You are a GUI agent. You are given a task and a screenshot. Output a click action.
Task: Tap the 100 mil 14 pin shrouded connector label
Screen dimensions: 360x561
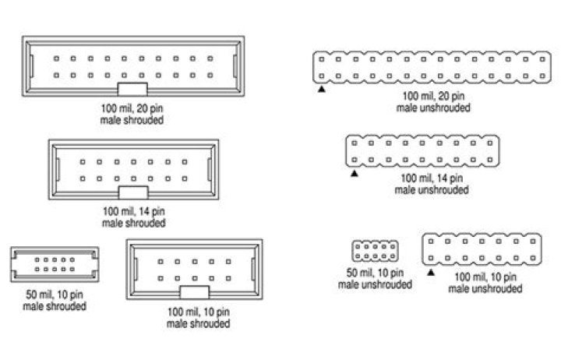(x=133, y=217)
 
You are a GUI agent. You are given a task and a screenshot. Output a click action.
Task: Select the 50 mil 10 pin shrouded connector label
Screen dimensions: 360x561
(x=54, y=302)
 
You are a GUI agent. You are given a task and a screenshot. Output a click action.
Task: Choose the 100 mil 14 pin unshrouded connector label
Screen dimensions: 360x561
(x=432, y=183)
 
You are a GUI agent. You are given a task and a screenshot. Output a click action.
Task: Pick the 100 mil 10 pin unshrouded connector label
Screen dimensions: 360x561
(x=485, y=283)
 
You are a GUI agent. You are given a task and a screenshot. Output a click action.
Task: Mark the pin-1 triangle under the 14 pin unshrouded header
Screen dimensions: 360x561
(x=354, y=174)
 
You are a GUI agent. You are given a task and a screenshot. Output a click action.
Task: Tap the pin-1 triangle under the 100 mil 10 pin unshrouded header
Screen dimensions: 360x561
(x=430, y=272)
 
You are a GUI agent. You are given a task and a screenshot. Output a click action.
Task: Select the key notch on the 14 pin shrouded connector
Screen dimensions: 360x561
(x=132, y=192)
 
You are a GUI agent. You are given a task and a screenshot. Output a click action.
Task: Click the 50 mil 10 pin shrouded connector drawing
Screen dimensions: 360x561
(x=54, y=265)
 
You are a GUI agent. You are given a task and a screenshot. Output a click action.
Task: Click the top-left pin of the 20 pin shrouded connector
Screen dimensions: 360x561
(x=55, y=58)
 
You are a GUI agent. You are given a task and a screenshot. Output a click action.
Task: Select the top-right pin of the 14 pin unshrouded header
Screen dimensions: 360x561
(x=492, y=143)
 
